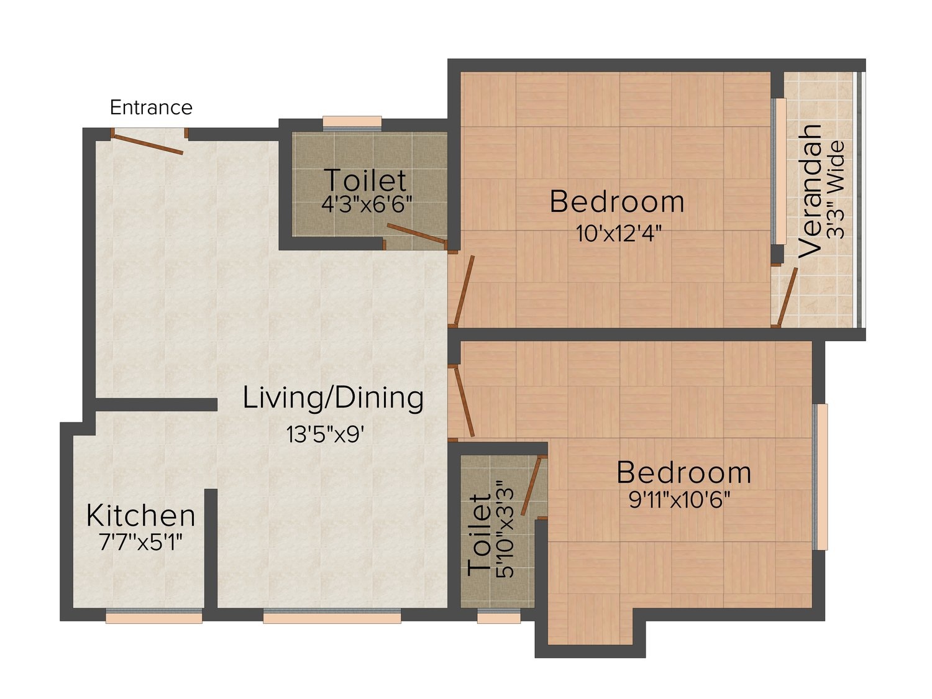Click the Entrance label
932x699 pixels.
(151, 107)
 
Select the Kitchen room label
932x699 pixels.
(140, 516)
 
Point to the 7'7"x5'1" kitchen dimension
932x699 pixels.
(140, 542)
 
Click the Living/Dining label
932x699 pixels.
(333, 398)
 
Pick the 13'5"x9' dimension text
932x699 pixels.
(325, 434)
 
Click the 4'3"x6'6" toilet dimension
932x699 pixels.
(367, 204)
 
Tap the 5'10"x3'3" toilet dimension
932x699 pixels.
(506, 529)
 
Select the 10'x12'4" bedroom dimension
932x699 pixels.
(619, 234)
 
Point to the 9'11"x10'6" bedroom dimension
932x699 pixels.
(679, 500)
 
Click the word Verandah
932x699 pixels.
(810, 191)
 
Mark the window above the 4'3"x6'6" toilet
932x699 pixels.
(352, 122)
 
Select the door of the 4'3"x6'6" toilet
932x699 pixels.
(416, 234)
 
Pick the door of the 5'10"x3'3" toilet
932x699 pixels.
(531, 486)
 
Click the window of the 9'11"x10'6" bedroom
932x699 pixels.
(820, 477)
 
